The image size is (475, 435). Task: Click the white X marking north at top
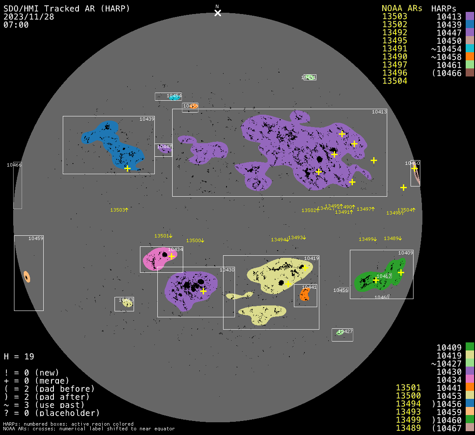[x=218, y=13]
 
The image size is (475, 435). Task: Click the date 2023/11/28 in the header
[x=29, y=17]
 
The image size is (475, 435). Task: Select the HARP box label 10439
[x=147, y=119]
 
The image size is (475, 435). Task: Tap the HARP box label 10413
[x=379, y=112]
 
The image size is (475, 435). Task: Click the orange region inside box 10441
[x=305, y=294]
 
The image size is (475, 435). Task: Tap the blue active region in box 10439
[x=115, y=144]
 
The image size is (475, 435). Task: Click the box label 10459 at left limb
[x=36, y=238]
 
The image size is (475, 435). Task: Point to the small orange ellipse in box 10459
[x=27, y=277]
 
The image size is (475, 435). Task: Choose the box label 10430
[x=227, y=270]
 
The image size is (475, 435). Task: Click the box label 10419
[x=311, y=258]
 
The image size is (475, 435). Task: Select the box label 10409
[x=405, y=253]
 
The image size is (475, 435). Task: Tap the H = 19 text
[x=19, y=356]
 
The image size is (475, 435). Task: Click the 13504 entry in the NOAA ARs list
[x=395, y=81]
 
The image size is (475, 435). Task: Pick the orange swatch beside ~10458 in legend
[x=469, y=56]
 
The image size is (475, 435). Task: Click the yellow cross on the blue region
[x=127, y=168]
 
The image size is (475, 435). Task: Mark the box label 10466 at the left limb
[x=14, y=165]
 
